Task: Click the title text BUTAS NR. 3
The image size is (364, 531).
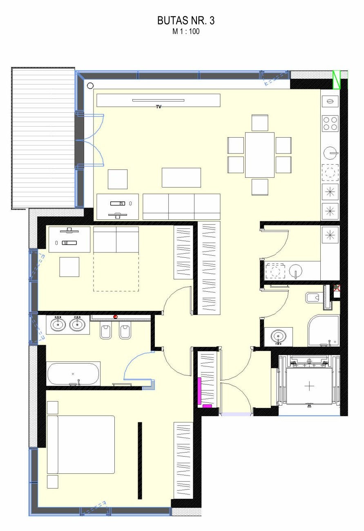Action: [x=186, y=21]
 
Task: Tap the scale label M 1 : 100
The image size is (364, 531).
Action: [x=186, y=31]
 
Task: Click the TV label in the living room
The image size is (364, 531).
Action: [x=159, y=107]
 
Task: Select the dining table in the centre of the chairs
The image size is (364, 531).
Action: [x=260, y=155]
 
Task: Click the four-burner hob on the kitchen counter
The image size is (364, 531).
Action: [x=330, y=123]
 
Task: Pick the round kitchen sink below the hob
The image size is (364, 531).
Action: [x=331, y=153]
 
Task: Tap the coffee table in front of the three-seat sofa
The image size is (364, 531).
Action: [x=181, y=178]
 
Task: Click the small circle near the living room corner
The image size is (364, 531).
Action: [x=90, y=86]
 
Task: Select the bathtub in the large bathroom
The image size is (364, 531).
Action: [x=73, y=374]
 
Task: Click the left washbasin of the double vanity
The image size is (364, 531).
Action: [x=58, y=324]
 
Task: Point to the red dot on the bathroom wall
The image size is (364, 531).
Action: [x=116, y=317]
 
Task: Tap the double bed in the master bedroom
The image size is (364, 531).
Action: [x=81, y=445]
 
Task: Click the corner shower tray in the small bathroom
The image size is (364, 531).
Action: [x=324, y=331]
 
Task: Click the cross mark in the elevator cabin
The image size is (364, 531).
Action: [x=309, y=386]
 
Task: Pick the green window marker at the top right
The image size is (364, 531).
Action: [x=337, y=80]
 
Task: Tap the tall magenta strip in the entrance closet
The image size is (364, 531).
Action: [x=199, y=391]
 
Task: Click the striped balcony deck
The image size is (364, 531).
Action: [x=43, y=138]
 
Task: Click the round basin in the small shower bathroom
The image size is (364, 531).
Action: [x=278, y=336]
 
